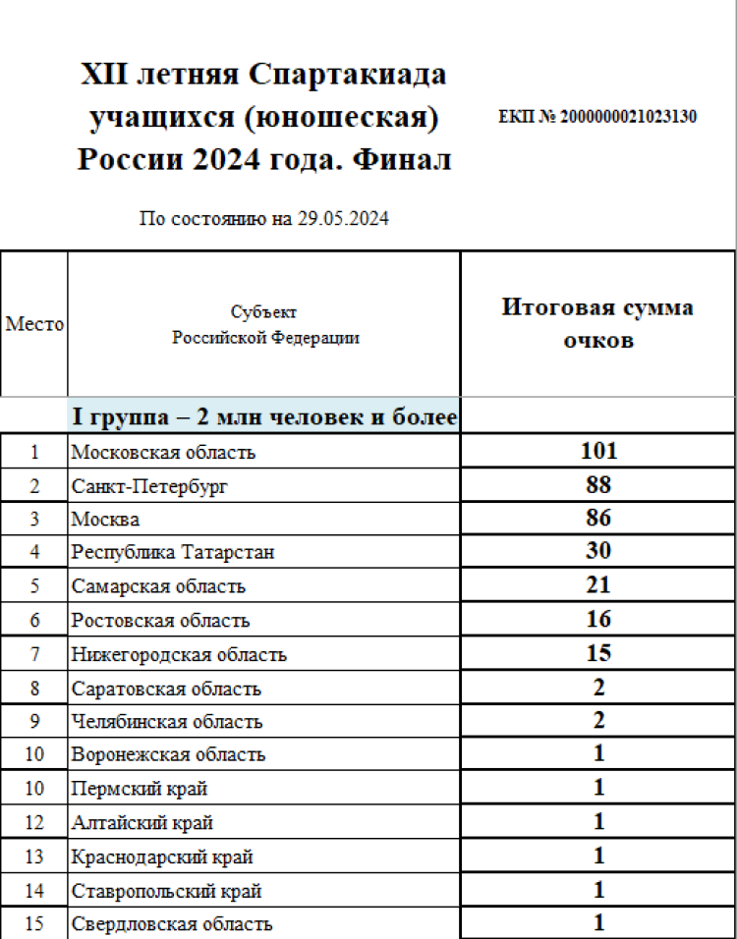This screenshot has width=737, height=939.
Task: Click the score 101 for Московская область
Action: coord(598,452)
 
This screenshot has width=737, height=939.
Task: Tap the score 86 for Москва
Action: coord(598,519)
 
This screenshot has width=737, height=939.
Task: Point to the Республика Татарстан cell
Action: coord(172,552)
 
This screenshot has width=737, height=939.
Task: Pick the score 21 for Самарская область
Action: coord(598,585)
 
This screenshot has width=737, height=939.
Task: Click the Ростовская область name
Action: coord(160,620)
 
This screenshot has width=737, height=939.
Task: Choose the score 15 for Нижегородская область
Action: coord(598,653)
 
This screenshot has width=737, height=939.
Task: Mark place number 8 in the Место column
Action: coord(34,688)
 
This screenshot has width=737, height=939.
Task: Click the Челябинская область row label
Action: coord(166,721)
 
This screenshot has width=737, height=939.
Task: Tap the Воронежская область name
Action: coord(168,754)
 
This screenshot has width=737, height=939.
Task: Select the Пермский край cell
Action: coord(139,789)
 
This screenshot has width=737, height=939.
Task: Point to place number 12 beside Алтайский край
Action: coord(34,822)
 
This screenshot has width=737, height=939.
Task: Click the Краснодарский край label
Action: coord(162,856)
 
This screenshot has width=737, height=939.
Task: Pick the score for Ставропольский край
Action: coord(598,890)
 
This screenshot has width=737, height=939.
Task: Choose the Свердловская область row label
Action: coord(172,924)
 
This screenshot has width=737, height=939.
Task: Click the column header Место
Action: coord(34,324)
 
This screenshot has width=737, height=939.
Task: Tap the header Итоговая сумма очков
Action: coord(597,323)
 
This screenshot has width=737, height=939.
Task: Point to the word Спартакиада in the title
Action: coord(348,75)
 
